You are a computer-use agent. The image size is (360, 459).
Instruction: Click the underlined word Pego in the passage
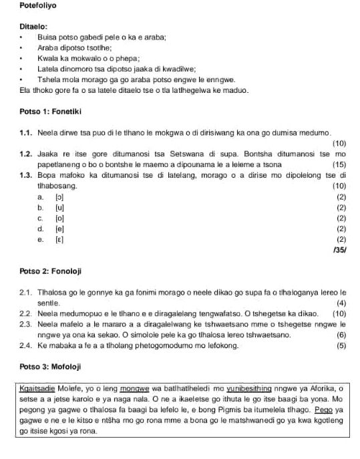coord(324,409)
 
